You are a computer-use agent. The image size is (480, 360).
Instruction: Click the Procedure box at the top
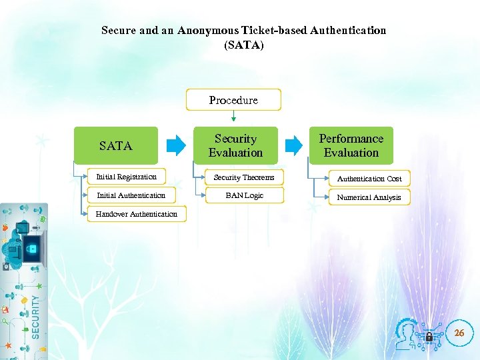coord(233,100)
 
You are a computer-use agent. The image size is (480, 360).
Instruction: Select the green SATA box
coord(115,145)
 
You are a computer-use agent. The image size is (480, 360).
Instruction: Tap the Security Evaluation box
coord(235,145)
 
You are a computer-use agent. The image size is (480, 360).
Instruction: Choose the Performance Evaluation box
coord(351,145)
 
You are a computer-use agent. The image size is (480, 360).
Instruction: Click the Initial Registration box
coord(127,177)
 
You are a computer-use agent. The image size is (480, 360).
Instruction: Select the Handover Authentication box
coord(137,214)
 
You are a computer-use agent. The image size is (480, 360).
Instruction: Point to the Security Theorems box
coord(244,177)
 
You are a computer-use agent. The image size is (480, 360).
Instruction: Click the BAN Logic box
coord(244,195)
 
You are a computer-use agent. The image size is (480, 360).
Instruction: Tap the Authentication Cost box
coord(369,179)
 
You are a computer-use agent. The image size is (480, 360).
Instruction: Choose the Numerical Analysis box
coord(369,197)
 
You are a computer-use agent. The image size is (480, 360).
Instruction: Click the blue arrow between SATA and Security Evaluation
coord(176,145)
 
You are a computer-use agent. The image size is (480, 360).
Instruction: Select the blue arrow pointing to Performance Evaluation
coord(293,145)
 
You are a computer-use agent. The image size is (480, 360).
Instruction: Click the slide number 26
coord(459,333)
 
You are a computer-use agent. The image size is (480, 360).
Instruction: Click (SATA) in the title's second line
coord(244,45)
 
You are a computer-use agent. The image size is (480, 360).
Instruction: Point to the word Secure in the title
coord(118,31)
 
